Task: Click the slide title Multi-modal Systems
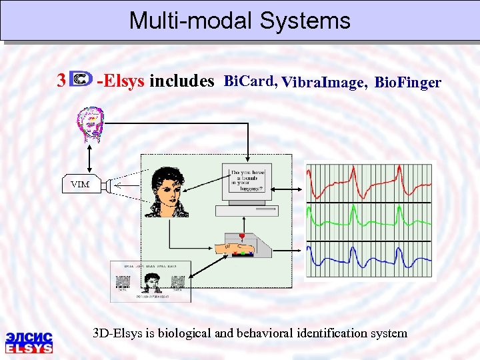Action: pyautogui.click(x=239, y=21)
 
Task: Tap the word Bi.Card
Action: pyautogui.click(x=250, y=81)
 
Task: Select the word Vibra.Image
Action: pyautogui.click(x=323, y=83)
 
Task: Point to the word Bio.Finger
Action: pyautogui.click(x=408, y=83)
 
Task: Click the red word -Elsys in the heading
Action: pyautogui.click(x=121, y=81)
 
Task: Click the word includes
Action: pyautogui.click(x=181, y=81)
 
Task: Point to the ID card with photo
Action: pyautogui.click(x=150, y=281)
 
